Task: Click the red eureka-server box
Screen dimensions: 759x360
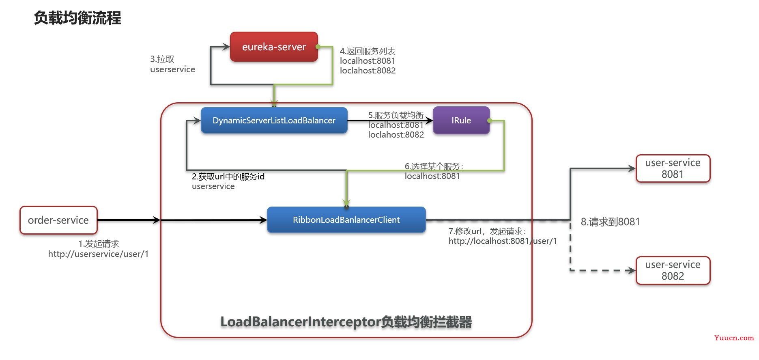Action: pos(274,47)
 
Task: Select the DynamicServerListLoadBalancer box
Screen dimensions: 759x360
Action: pos(274,121)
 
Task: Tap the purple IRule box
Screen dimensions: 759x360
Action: pos(461,121)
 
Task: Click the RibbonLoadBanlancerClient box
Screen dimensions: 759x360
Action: pos(346,220)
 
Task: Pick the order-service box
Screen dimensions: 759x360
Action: pos(58,220)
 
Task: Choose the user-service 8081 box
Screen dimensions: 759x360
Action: pos(673,168)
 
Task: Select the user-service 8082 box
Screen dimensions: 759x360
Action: pos(673,270)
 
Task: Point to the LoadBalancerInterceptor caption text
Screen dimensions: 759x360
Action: pos(346,322)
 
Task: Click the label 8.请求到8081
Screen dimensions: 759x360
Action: pos(610,222)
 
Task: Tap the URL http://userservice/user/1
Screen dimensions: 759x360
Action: pos(98,254)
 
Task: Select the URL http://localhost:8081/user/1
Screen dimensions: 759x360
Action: pos(503,241)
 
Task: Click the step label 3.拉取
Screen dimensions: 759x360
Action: pos(162,59)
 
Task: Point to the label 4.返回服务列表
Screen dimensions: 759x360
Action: pos(368,51)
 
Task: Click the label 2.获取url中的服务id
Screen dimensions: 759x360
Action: pos(228,177)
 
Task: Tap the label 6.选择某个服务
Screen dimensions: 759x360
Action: pos(434,166)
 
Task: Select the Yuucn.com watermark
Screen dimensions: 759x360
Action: pos(734,338)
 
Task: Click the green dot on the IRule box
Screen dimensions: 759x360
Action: pos(490,121)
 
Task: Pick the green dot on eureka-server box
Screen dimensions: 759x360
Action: pos(318,47)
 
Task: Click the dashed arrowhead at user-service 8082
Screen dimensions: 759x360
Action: pos(631,270)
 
